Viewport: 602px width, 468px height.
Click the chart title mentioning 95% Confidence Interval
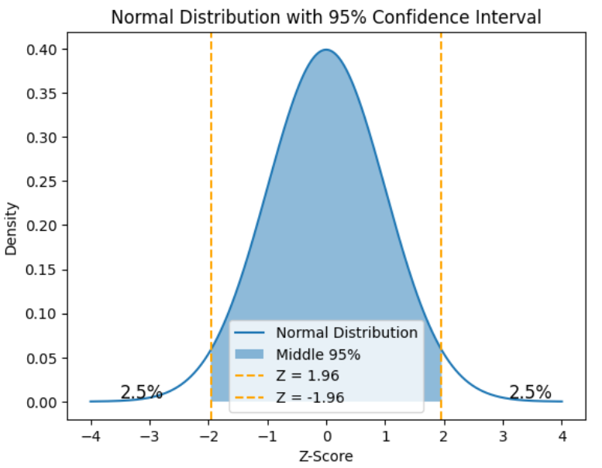tap(326, 15)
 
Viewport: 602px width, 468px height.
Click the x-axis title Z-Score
tap(326, 456)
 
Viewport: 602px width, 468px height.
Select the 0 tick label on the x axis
tap(326, 437)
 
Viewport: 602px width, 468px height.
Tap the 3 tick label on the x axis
tap(503, 437)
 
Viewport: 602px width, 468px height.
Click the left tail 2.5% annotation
tap(141, 392)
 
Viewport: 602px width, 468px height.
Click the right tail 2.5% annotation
tap(530, 392)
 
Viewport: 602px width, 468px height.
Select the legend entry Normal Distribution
tap(346, 333)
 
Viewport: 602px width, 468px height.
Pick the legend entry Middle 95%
tap(318, 355)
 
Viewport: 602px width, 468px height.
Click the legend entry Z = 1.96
tap(308, 377)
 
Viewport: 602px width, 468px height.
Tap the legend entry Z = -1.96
tap(310, 397)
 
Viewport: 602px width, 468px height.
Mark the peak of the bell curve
tap(326, 50)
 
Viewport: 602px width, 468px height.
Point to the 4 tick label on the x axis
tap(562, 437)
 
